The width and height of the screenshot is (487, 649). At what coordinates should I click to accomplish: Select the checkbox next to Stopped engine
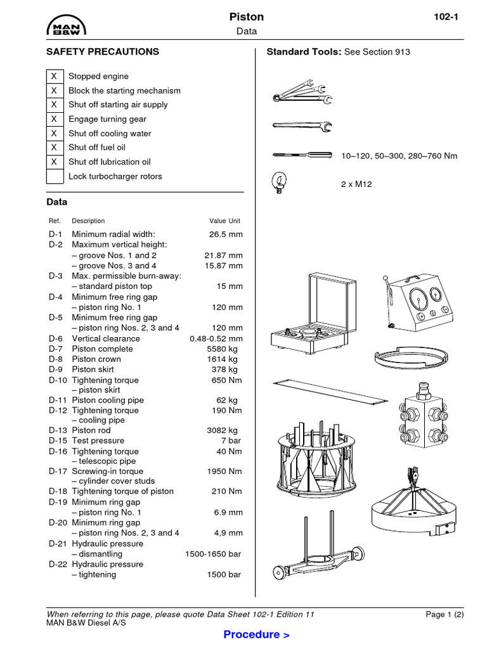tap(55, 76)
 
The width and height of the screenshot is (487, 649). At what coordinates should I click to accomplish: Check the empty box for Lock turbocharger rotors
tap(55, 176)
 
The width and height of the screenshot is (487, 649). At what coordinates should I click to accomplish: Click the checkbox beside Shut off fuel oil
tap(55, 148)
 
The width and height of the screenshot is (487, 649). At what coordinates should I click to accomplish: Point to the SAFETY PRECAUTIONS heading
tap(103, 52)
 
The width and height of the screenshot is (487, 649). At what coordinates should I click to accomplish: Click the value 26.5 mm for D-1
tap(226, 235)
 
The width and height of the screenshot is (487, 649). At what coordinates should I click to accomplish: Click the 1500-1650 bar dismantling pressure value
tap(213, 554)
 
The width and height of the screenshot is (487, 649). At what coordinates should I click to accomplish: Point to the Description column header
tap(88, 221)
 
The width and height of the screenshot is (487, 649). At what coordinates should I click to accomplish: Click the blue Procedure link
tap(256, 634)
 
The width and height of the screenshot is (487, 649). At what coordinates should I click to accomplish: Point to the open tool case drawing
tap(308, 314)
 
